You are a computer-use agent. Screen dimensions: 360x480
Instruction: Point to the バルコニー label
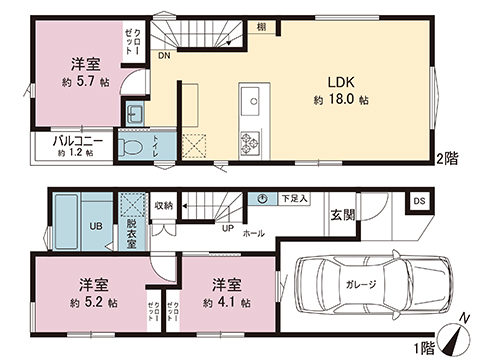75,142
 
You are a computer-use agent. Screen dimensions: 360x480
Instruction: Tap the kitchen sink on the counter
251,100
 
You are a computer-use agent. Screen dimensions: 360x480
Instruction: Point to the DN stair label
163,57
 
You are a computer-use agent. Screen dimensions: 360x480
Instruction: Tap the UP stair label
228,228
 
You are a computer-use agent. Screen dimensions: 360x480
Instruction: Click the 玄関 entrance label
341,214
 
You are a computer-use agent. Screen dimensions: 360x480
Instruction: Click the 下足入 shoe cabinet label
292,199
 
